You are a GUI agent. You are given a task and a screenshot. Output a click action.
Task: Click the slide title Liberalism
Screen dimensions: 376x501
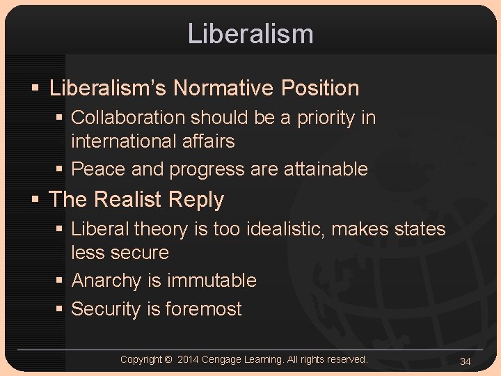pyautogui.click(x=250, y=33)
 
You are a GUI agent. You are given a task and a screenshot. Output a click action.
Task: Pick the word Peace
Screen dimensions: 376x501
pyautogui.click(x=97, y=169)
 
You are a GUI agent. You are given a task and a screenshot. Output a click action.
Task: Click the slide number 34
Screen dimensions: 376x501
pyautogui.click(x=466, y=361)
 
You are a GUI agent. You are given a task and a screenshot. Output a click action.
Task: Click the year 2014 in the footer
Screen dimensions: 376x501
pyautogui.click(x=189, y=359)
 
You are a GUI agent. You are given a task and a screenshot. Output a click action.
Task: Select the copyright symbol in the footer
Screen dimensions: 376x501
pyautogui.click(x=169, y=359)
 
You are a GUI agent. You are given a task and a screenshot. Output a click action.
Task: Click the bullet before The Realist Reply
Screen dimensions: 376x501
pyautogui.click(x=35, y=201)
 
